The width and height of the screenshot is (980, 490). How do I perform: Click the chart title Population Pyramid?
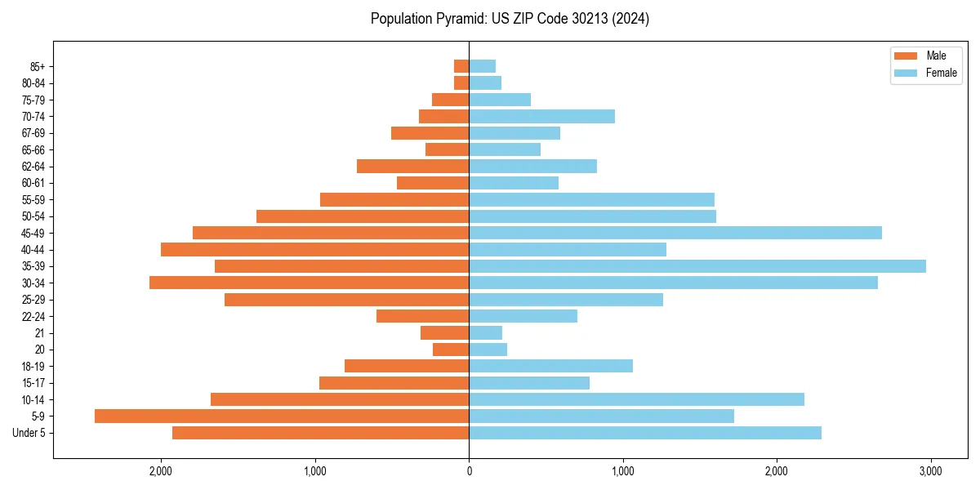point(510,19)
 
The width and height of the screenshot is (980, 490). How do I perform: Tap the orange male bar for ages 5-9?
point(282,416)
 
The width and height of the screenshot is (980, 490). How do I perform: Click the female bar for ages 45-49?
point(675,233)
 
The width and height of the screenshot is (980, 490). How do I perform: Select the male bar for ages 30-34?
point(309,283)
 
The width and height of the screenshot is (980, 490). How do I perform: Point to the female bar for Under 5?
point(644,433)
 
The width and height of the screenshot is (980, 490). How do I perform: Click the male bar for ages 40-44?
point(314,249)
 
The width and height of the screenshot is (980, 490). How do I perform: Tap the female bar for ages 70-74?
point(541,117)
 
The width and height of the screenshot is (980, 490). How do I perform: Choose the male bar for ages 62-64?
point(412,167)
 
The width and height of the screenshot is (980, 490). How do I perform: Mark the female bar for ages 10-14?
point(636,399)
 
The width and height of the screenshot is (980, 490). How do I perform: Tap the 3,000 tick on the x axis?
point(930,471)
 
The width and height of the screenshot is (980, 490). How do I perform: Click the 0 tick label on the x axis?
point(469,471)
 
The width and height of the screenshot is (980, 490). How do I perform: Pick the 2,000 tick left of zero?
point(161,471)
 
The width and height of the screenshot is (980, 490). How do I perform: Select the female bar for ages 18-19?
point(550,366)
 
